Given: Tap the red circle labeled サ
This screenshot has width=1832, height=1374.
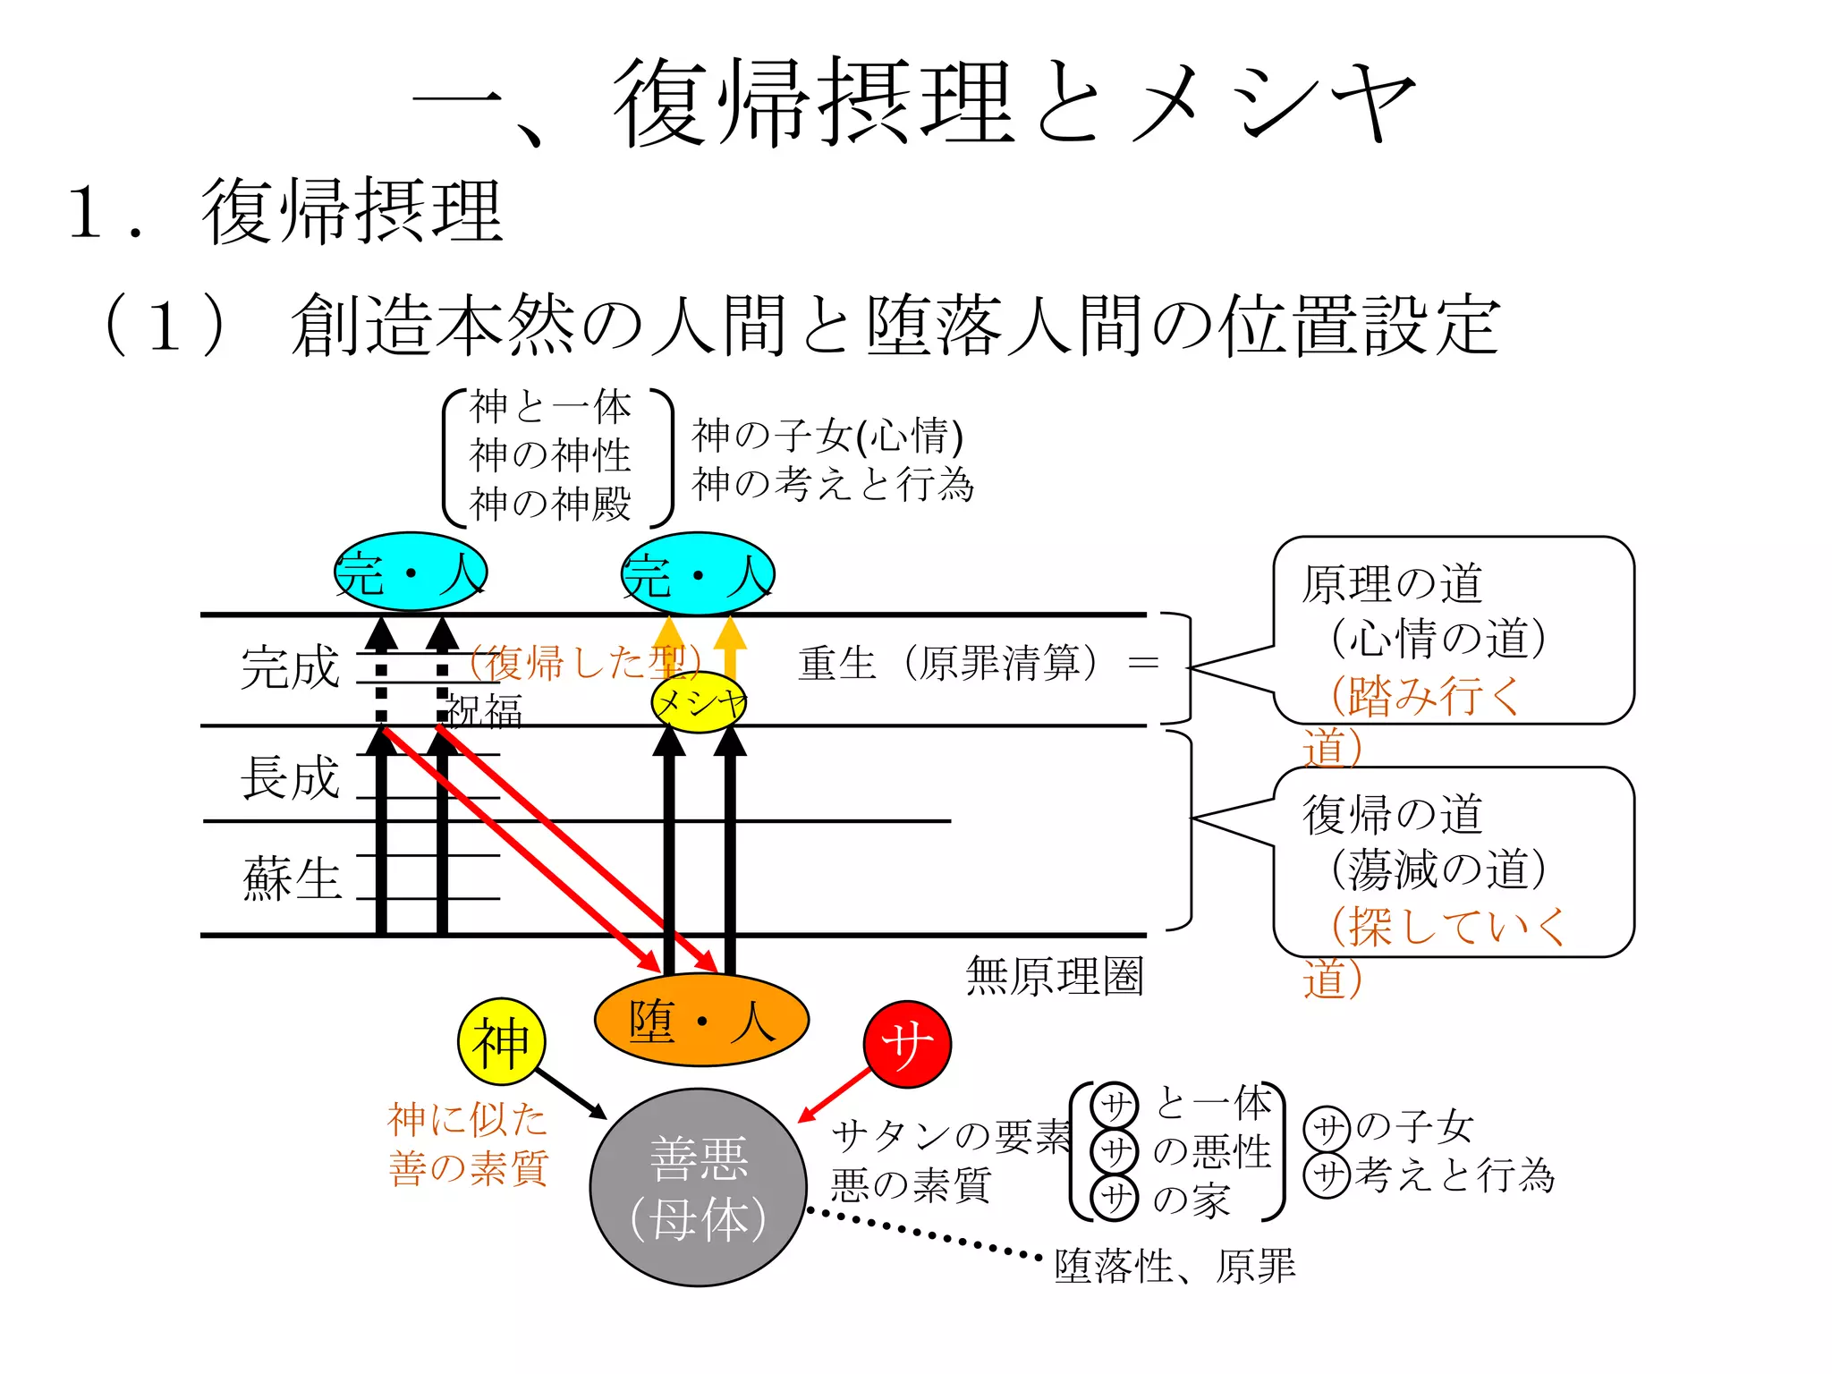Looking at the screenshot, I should [907, 1044].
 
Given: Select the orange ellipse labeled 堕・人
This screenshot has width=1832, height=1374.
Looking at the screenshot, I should [701, 1021].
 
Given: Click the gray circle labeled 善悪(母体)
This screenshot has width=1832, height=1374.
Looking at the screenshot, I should [699, 1187].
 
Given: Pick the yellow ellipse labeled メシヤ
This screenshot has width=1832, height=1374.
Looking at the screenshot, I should [699, 703].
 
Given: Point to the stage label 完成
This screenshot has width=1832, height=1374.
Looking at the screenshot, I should [290, 667].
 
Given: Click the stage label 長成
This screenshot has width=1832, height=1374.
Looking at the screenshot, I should [290, 776].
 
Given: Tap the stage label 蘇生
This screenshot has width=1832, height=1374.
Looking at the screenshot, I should [292, 878].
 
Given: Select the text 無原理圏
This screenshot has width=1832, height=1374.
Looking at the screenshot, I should [1055, 976].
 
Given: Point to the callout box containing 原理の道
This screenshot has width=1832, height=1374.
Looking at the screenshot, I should [1453, 630].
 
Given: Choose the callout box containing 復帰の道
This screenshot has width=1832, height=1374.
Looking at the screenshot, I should [1453, 862].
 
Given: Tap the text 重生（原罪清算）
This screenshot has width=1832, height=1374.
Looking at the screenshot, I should [948, 664].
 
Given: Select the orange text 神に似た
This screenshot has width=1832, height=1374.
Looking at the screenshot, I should [467, 1119].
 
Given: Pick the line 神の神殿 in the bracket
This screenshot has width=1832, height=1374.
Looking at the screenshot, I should [550, 504].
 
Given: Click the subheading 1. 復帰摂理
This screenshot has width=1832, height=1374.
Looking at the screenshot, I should [286, 212].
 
